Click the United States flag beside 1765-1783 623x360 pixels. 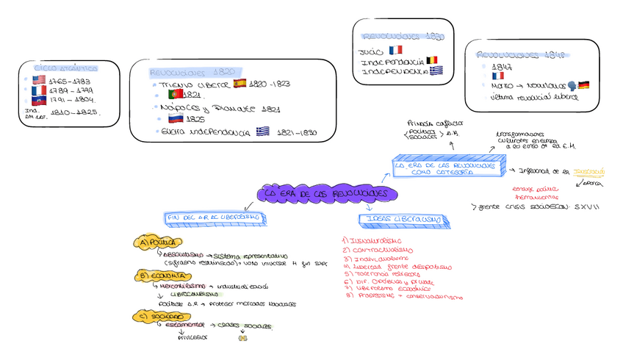click(39, 79)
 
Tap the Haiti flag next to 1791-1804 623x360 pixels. click(39, 100)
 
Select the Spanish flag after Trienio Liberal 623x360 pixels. click(240, 84)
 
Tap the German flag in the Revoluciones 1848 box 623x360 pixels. click(584, 85)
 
